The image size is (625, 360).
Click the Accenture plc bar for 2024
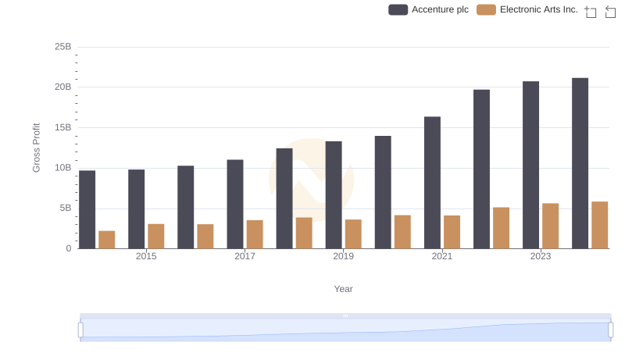(580, 163)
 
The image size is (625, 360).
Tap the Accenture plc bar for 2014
(87, 209)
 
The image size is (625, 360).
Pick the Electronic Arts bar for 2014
(107, 240)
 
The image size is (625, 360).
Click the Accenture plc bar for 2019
(334, 194)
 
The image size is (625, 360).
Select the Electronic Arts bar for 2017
(255, 234)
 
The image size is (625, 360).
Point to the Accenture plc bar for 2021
(432, 183)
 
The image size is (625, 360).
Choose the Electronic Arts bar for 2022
(501, 228)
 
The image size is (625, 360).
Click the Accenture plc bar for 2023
(530, 165)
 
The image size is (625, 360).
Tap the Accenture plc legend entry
(429, 9)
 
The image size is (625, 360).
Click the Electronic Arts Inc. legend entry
(527, 9)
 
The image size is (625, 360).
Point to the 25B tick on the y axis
(62, 47)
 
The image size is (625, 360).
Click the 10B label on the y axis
(62, 168)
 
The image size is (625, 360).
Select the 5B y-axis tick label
(66, 209)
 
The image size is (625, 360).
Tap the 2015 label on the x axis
(146, 256)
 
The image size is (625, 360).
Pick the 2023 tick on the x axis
(541, 256)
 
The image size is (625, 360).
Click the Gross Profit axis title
(36, 148)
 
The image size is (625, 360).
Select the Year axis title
(343, 289)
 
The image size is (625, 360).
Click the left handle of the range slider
(80, 330)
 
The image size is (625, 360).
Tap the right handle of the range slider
(610, 330)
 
